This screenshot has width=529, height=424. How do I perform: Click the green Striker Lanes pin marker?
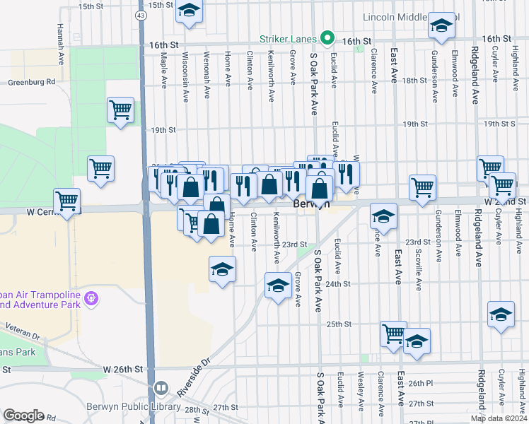[x=327, y=37]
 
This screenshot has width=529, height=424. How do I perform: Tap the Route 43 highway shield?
[x=144, y=14]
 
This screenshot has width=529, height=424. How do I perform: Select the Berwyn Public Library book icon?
[x=161, y=389]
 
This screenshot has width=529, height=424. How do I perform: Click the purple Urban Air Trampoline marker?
[x=90, y=299]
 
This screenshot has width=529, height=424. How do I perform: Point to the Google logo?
[x=24, y=416]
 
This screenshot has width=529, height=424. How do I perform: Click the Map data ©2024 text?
[x=498, y=418]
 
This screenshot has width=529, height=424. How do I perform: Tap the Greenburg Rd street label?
[x=31, y=82]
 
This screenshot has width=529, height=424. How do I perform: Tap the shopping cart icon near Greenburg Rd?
[x=120, y=110]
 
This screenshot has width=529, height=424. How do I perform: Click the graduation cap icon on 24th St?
[x=278, y=285]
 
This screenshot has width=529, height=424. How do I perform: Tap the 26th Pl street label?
[x=419, y=383]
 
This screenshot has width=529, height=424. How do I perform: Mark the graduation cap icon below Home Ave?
[x=222, y=269]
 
